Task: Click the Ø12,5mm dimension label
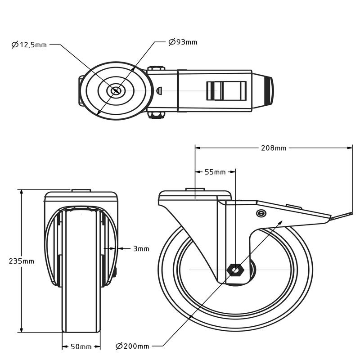click(29, 45)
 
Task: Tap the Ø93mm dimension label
click(183, 42)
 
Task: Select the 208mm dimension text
click(274, 148)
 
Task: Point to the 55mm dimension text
click(215, 172)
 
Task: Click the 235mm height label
click(21, 261)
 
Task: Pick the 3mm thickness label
click(141, 249)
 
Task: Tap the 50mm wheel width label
click(81, 346)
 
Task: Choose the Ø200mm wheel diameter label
click(132, 346)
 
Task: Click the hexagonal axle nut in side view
click(235, 270)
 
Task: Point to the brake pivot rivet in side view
click(261, 213)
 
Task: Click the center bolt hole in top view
click(116, 91)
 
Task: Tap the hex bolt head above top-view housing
click(156, 68)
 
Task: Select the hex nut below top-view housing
click(156, 115)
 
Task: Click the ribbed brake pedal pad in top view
click(226, 91)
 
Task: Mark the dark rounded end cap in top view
click(269, 91)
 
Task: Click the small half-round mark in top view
click(159, 90)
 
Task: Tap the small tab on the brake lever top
click(294, 207)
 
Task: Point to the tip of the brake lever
click(351, 213)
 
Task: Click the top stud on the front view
click(81, 190)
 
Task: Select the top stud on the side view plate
click(195, 189)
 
